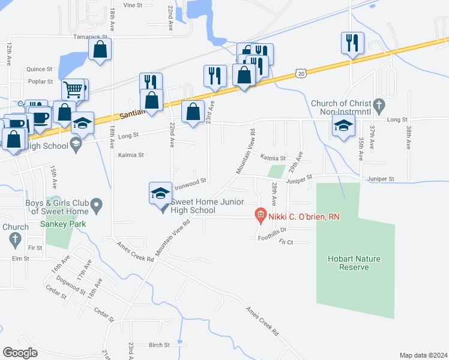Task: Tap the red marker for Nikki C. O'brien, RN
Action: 261,214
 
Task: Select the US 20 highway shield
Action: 301,73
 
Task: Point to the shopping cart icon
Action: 73,90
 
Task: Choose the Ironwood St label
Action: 190,181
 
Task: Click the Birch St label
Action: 159,345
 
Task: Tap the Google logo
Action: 19,352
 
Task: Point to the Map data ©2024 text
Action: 423,355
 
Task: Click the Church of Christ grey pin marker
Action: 378,103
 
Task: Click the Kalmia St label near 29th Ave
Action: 273,157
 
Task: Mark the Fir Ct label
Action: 286,242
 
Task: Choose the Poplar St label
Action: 41,81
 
